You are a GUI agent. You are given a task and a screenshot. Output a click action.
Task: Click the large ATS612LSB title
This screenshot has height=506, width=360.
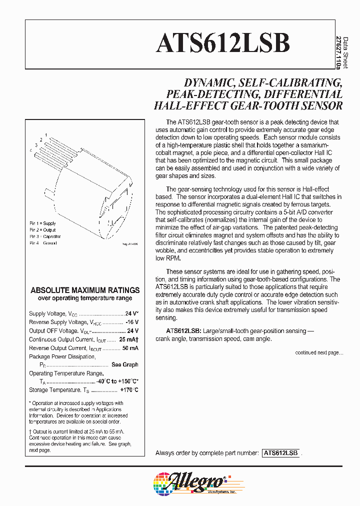[223, 43]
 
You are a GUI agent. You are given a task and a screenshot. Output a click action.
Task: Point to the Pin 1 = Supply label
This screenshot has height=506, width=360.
[42, 223]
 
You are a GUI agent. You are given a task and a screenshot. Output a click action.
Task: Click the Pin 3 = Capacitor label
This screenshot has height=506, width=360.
[45, 236]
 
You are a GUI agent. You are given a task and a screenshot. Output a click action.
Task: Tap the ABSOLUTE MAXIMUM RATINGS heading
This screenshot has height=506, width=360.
[85, 290]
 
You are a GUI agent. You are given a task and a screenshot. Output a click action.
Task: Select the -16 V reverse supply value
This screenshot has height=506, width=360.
[131, 322]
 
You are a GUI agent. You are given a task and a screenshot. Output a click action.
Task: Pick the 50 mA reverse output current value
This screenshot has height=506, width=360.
[130, 348]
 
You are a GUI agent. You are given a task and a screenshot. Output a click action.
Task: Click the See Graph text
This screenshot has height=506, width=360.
[124, 365]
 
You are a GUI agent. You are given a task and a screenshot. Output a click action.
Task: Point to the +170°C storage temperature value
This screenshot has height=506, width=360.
[129, 390]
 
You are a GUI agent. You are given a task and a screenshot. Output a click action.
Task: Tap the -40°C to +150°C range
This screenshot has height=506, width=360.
[117, 381]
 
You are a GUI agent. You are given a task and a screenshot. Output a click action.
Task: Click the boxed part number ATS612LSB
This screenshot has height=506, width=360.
[280, 453]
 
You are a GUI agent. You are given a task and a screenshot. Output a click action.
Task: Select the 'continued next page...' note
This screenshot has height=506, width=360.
[319, 353]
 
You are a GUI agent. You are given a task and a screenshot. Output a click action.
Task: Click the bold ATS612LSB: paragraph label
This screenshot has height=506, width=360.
[183, 331]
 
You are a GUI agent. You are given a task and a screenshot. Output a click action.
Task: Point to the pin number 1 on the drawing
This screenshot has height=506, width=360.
[46, 135]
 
